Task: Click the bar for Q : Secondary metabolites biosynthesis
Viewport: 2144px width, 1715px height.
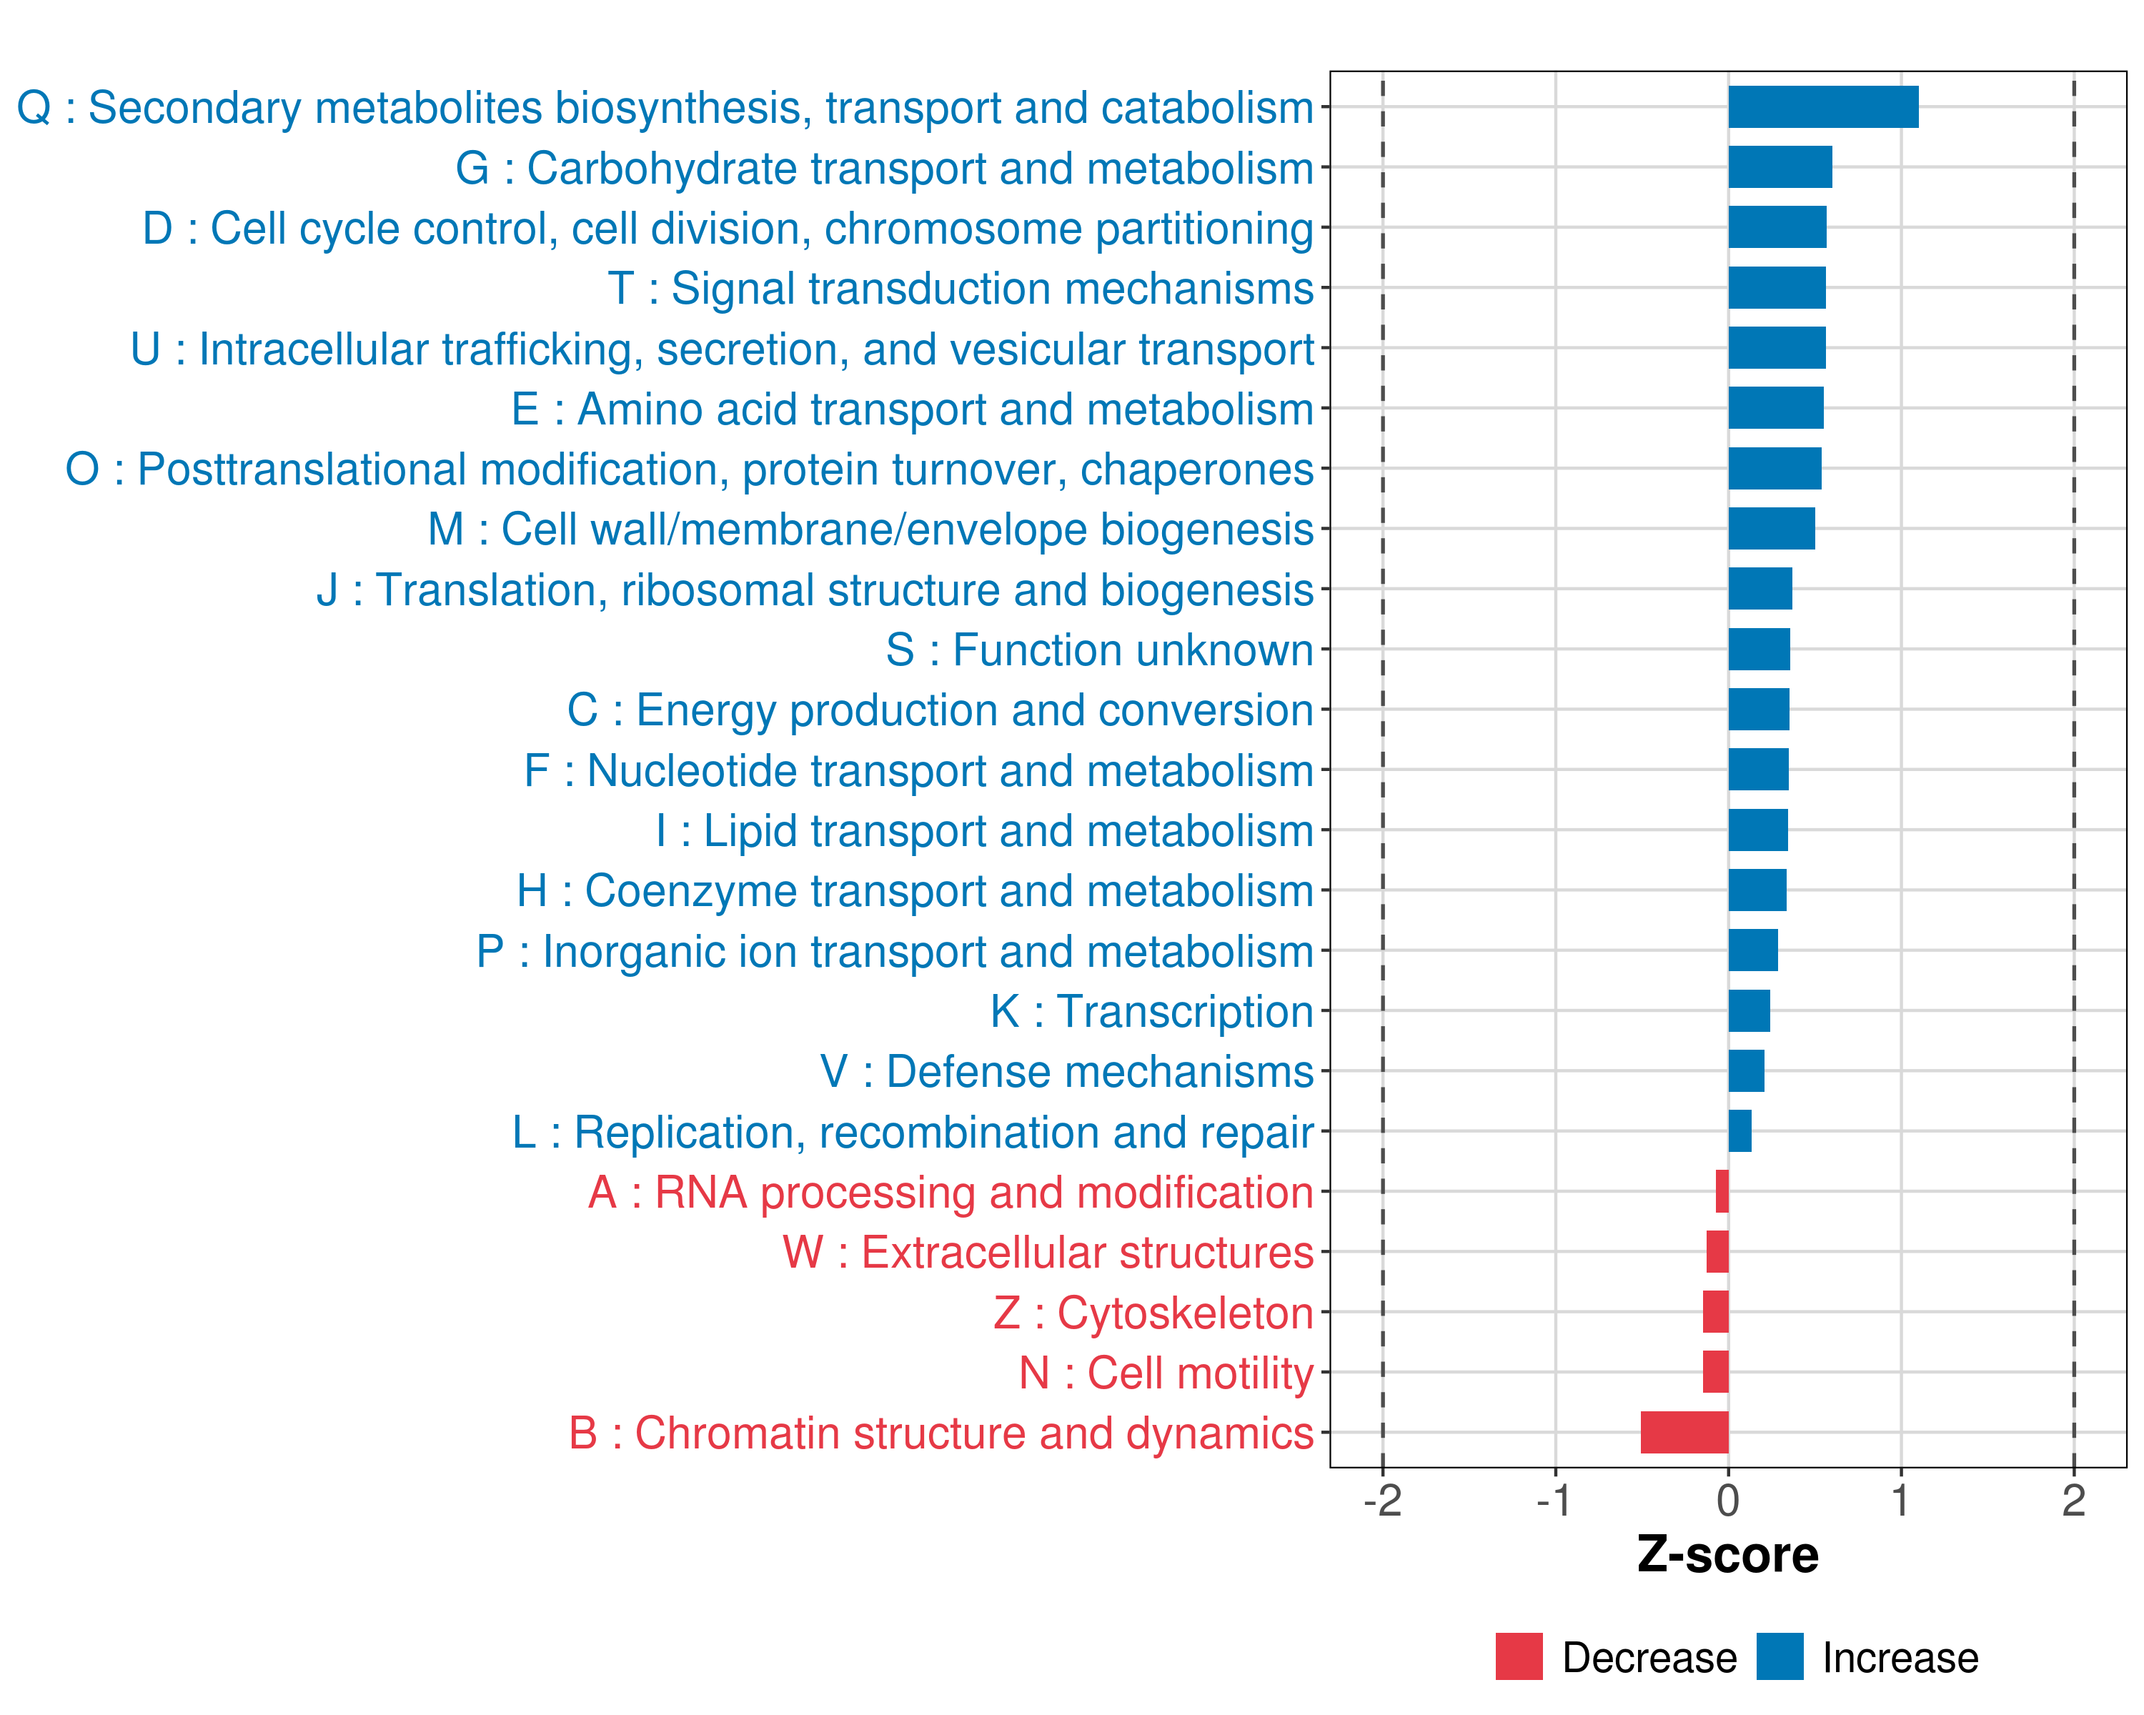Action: [x=1823, y=107]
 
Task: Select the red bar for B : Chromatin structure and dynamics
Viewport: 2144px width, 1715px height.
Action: [x=1684, y=1433]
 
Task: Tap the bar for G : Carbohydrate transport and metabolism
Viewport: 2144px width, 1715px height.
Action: [x=1780, y=167]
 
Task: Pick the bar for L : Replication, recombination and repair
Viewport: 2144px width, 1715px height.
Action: [x=1740, y=1131]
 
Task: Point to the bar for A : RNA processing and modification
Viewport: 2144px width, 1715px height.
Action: [x=1722, y=1192]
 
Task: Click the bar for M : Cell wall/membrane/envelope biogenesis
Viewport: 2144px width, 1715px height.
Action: [x=1771, y=529]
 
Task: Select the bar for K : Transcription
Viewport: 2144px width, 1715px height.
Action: [x=1750, y=1011]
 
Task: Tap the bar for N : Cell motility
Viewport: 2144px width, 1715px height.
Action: [x=1715, y=1372]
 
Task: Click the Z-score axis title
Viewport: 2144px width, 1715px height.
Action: [x=1728, y=1555]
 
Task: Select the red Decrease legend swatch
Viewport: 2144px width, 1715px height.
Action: [x=1519, y=1656]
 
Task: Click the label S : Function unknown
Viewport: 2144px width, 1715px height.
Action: [x=1100, y=650]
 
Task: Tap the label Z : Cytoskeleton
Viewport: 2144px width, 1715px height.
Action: [x=1153, y=1313]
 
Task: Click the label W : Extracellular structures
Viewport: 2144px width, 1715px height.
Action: [x=1048, y=1253]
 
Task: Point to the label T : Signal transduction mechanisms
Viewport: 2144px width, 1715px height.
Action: [x=961, y=288]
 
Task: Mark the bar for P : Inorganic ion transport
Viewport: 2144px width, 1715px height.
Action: [x=1753, y=950]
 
